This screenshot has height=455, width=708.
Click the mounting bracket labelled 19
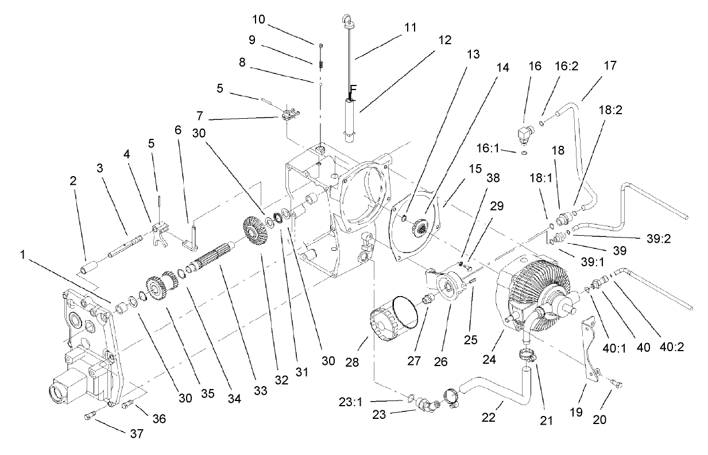click(588, 351)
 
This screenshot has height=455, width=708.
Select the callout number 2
click(73, 180)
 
